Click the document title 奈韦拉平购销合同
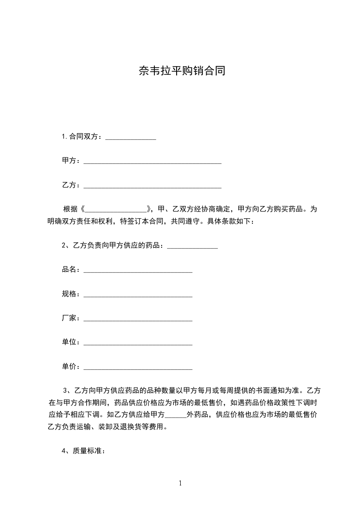tap(182, 71)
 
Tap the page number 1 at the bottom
tap(180, 483)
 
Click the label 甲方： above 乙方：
tap(71, 161)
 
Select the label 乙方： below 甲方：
tap(71, 185)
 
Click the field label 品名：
tap(71, 270)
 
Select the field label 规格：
tap(71, 294)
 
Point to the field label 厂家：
tap(71, 318)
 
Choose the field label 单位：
tap(71, 343)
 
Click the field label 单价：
tap(71, 367)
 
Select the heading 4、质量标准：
tap(84, 451)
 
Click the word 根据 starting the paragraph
tap(70, 210)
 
